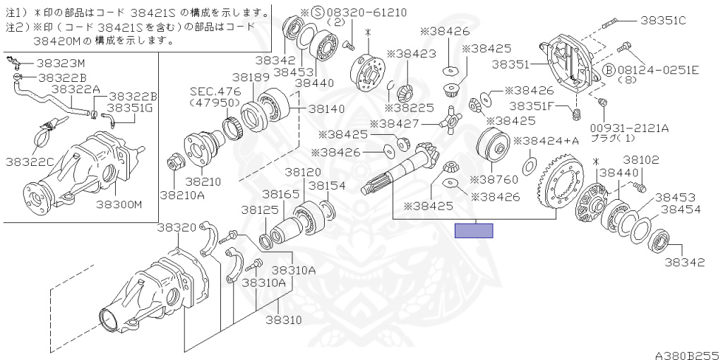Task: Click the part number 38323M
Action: coord(61,63)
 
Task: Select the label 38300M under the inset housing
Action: coord(119,204)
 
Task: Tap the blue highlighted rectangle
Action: coord(474,231)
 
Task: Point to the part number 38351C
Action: coord(663,20)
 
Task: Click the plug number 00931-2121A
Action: coord(631,128)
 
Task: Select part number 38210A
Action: coord(183,195)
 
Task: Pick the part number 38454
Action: coord(681,209)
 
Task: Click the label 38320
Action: coord(177,227)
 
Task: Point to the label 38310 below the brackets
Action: coord(284,320)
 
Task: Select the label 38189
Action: coord(251,77)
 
